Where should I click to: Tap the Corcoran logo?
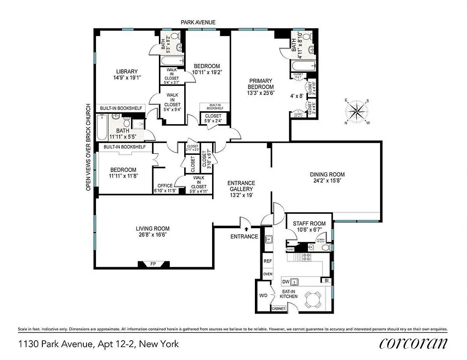413,344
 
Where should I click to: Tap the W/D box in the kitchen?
263,296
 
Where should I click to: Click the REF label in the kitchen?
268,261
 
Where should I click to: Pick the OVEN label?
268,274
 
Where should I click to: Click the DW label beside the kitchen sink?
285,282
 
